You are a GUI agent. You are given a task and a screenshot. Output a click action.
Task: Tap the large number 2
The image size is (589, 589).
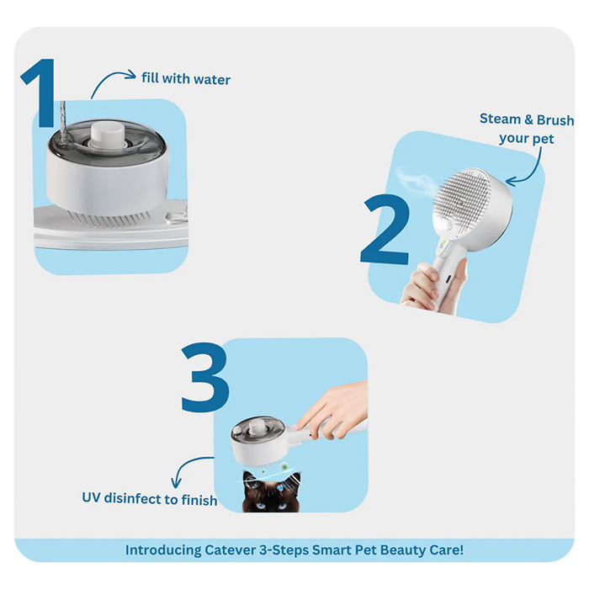[x=385, y=230]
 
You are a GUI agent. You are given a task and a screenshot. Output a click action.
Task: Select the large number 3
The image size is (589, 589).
[x=205, y=377]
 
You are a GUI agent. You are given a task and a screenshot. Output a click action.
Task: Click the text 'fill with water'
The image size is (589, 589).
[x=186, y=78]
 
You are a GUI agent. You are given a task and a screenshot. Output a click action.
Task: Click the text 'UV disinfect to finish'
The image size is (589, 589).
[x=150, y=499]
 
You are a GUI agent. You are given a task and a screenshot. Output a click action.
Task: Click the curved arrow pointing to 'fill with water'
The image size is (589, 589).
[x=109, y=77]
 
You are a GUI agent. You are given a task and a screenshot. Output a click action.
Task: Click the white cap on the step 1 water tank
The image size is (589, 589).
[x=108, y=135]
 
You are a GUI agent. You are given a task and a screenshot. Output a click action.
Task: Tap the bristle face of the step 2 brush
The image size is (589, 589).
[x=462, y=199]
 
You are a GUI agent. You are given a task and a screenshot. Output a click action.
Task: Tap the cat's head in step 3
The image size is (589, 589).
[x=271, y=491]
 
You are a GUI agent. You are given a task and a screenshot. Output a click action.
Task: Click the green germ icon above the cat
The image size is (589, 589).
[x=284, y=466]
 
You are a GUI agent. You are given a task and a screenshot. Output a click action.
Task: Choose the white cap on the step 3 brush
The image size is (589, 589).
[x=257, y=427]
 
